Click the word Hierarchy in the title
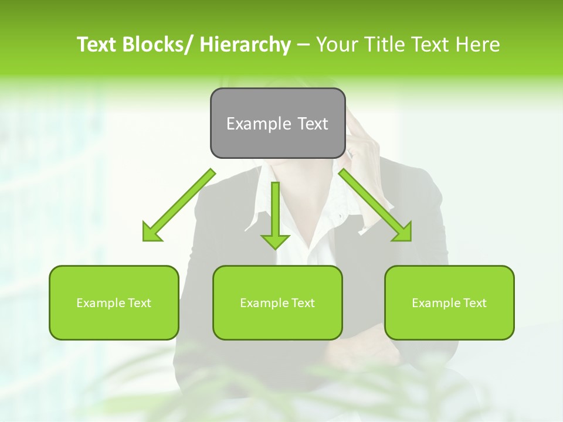[x=245, y=45]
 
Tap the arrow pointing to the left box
[x=179, y=205]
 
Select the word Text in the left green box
[x=139, y=303]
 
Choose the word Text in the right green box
[x=474, y=303]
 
